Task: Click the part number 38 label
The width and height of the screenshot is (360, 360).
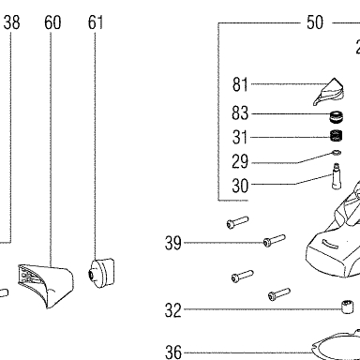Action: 12,22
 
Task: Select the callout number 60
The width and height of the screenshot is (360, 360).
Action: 52,22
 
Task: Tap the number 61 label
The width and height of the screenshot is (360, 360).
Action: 96,22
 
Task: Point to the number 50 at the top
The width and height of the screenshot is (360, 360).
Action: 315,22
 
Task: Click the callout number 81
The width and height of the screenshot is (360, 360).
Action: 240,84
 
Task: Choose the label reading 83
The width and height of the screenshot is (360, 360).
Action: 240,112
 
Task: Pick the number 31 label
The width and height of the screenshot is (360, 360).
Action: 240,137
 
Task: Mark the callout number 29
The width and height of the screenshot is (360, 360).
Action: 240,161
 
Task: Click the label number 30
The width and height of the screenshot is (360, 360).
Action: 240,186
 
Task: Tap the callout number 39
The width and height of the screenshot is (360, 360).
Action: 173,243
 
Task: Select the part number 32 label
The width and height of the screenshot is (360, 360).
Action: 173,310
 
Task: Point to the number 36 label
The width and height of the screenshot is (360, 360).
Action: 173,352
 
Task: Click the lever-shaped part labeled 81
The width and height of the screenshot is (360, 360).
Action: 329,92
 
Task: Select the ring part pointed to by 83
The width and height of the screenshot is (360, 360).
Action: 337,116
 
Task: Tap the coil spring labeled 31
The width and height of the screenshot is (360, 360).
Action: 337,135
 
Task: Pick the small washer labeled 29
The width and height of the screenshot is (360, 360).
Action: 337,153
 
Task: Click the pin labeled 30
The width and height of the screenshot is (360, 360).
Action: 337,176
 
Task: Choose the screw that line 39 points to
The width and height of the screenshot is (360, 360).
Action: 275,240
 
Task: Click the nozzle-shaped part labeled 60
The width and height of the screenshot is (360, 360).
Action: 46,285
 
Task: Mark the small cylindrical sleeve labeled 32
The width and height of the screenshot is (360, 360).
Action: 348,307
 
